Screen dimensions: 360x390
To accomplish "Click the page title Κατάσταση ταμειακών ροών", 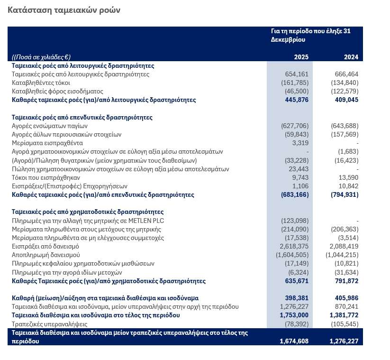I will click(64, 10).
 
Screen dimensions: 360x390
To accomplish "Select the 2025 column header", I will click(301, 57).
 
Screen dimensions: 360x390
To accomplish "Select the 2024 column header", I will click(351, 57).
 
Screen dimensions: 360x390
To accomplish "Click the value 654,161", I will click(297, 74).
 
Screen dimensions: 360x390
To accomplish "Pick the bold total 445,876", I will click(297, 100).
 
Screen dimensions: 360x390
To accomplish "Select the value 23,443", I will click(299, 169).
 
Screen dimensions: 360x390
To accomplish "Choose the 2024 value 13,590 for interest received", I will click(348, 177).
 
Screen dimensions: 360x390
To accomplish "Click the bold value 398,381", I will click(297, 298).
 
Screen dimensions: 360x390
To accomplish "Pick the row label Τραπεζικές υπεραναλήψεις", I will click(49, 324).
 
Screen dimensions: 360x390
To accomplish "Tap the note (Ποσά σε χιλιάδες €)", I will click(41, 57).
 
